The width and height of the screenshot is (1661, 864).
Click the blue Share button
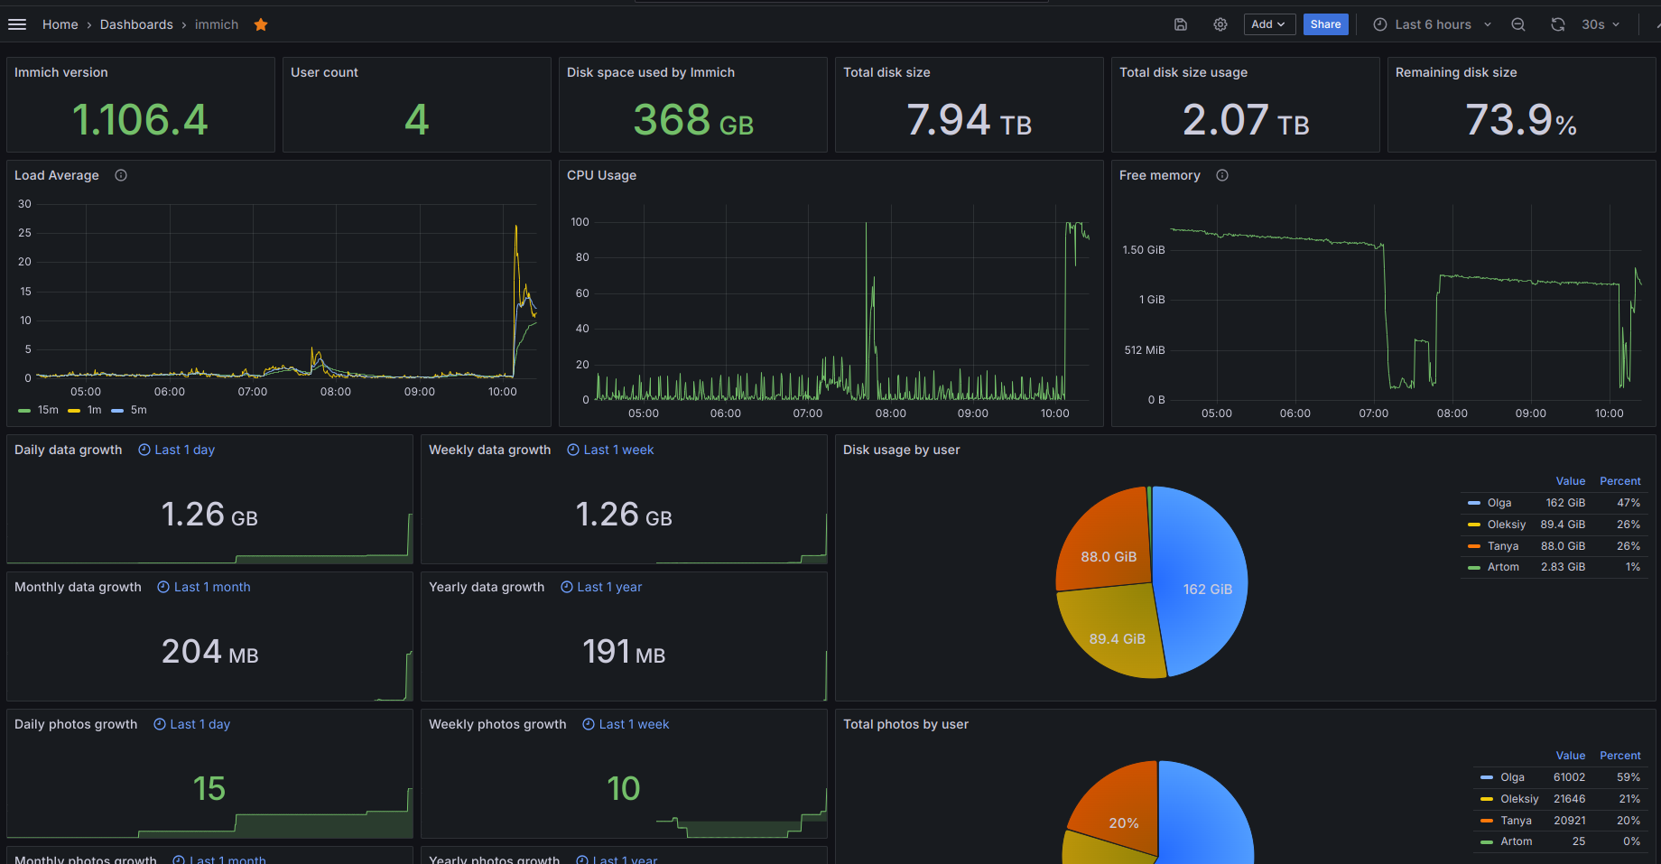pos(1325,24)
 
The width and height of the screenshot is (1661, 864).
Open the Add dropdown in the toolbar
pos(1268,24)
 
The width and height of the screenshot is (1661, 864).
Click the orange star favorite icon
pos(261,24)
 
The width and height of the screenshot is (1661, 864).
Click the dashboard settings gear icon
pos(1220,24)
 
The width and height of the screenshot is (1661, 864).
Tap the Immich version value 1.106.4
pos(140,120)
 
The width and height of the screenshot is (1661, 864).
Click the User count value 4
pos(416,120)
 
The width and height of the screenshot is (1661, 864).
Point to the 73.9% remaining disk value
pos(1520,120)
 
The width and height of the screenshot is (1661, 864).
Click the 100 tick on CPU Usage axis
pos(580,222)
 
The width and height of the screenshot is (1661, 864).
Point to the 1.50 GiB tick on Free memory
pos(1143,250)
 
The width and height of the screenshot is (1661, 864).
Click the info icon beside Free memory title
pos(1222,175)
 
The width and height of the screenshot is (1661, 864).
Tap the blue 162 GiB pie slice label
pos(1207,590)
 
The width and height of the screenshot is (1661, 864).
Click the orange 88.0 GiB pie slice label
pos(1109,557)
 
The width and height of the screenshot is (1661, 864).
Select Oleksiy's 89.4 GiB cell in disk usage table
pos(1563,525)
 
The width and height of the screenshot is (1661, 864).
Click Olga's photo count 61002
pos(1569,777)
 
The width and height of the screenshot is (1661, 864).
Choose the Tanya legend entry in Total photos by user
pos(1516,821)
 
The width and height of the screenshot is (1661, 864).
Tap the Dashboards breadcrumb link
pos(136,24)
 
